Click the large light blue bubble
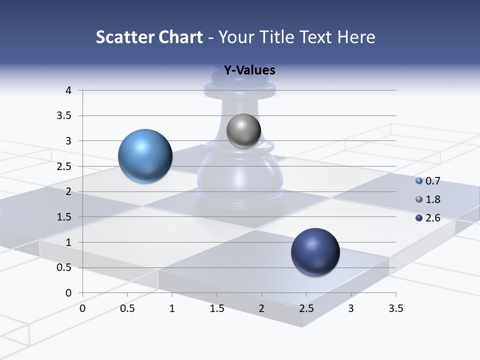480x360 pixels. [x=145, y=156]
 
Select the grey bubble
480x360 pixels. [x=243, y=131]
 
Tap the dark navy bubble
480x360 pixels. [x=315, y=252]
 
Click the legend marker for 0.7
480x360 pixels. [x=419, y=181]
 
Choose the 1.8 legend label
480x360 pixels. [x=432, y=199]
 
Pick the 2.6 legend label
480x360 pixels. [x=432, y=217]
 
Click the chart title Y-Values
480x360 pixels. [x=249, y=70]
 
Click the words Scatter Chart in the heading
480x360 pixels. [x=149, y=36]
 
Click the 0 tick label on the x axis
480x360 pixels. [x=82, y=308]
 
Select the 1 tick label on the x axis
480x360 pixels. [x=172, y=308]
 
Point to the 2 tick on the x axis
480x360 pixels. [x=261, y=308]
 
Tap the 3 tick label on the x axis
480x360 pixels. [x=351, y=308]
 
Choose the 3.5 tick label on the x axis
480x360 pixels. [x=395, y=308]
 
